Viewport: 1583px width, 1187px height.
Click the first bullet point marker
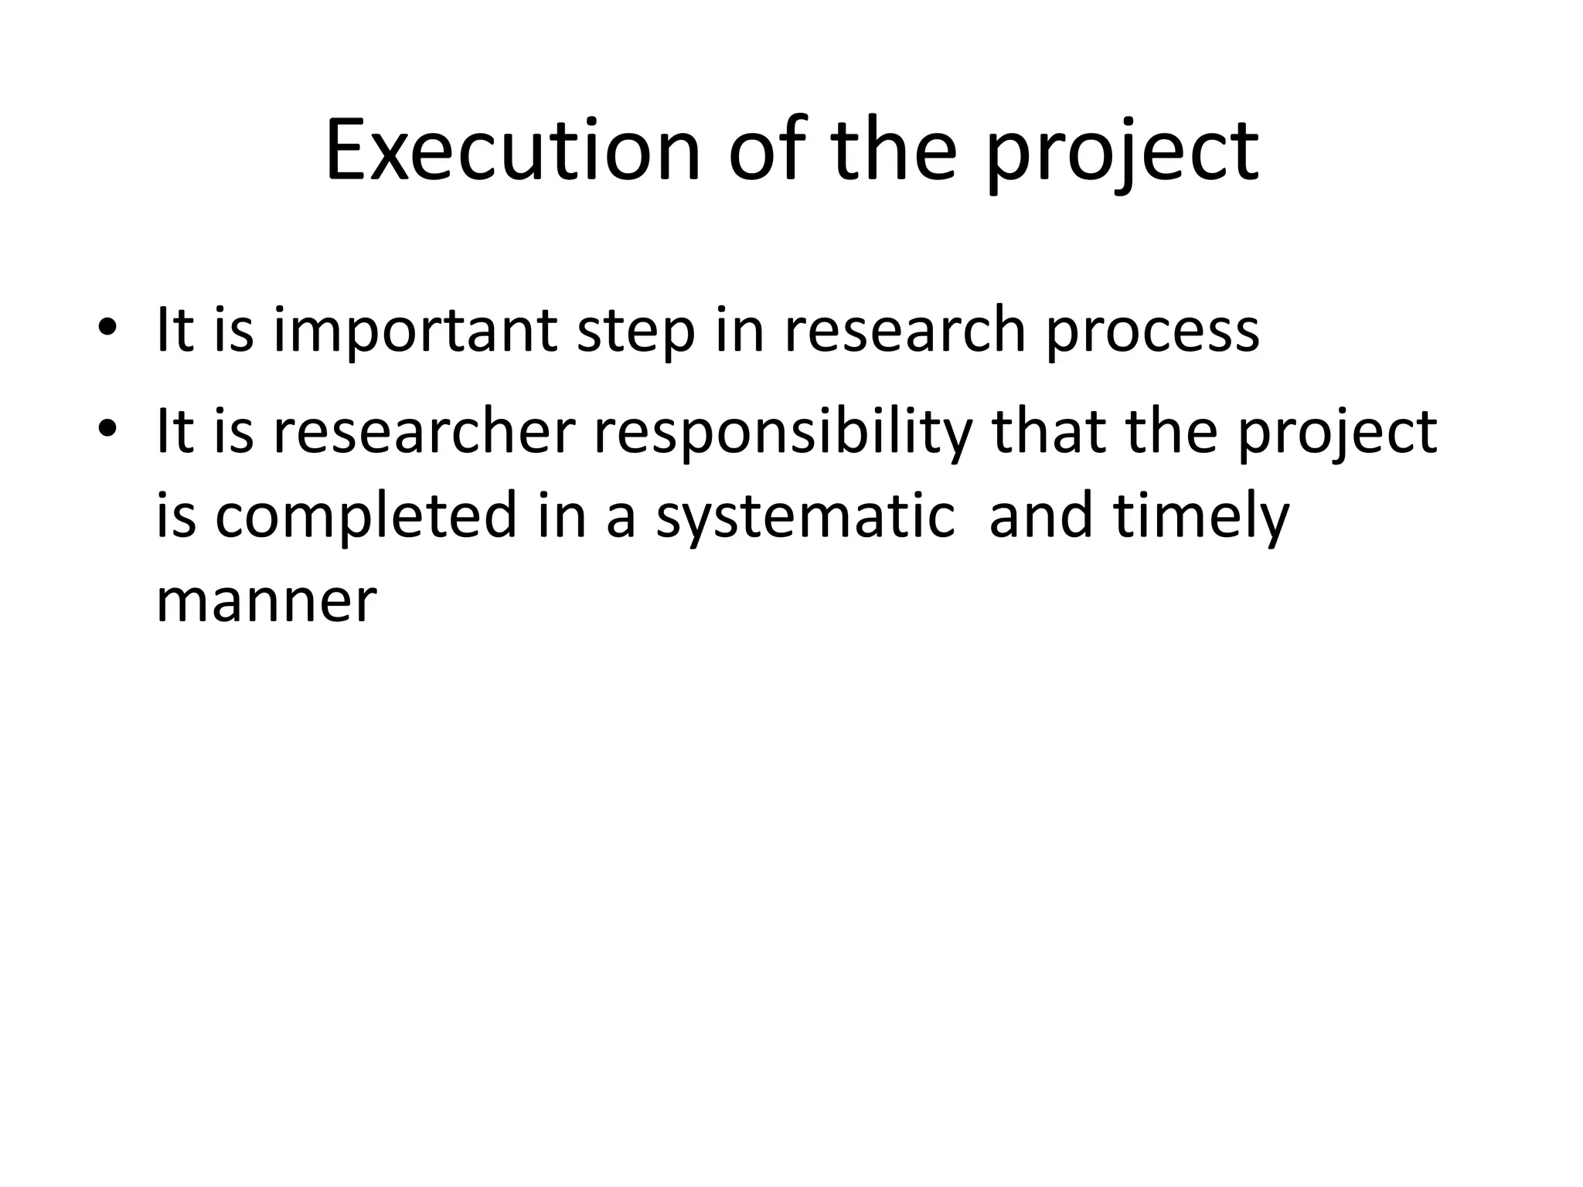tap(107, 328)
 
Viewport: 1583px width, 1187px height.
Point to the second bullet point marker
tap(107, 430)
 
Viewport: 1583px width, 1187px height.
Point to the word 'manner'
tap(266, 601)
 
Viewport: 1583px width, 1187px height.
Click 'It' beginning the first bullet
tap(175, 329)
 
